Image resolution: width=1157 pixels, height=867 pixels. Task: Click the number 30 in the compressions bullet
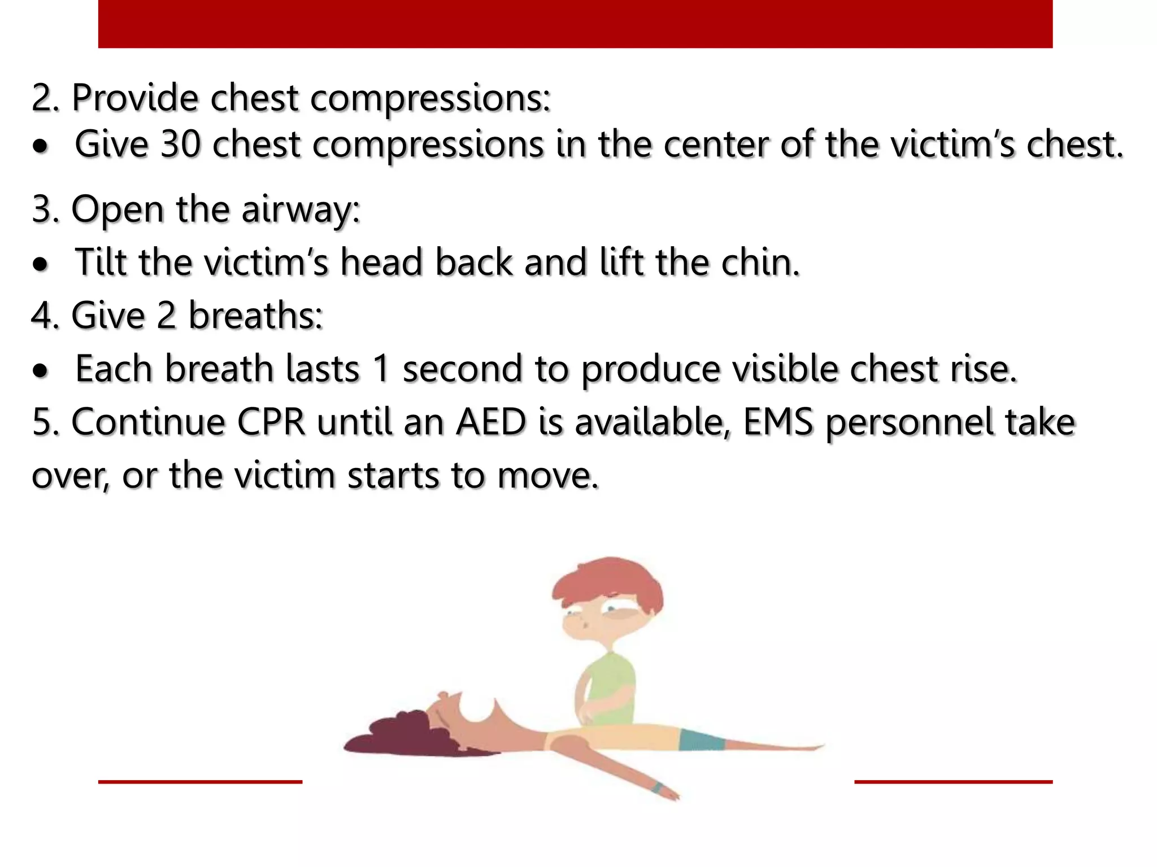point(180,144)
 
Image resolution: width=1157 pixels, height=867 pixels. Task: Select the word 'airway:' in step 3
point(301,210)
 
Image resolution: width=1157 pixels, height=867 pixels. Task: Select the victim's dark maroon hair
point(395,734)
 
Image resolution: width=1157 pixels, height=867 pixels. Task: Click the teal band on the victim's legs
point(701,739)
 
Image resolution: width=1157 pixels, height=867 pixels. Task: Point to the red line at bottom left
point(200,782)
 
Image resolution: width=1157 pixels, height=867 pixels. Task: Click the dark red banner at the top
point(575,24)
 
